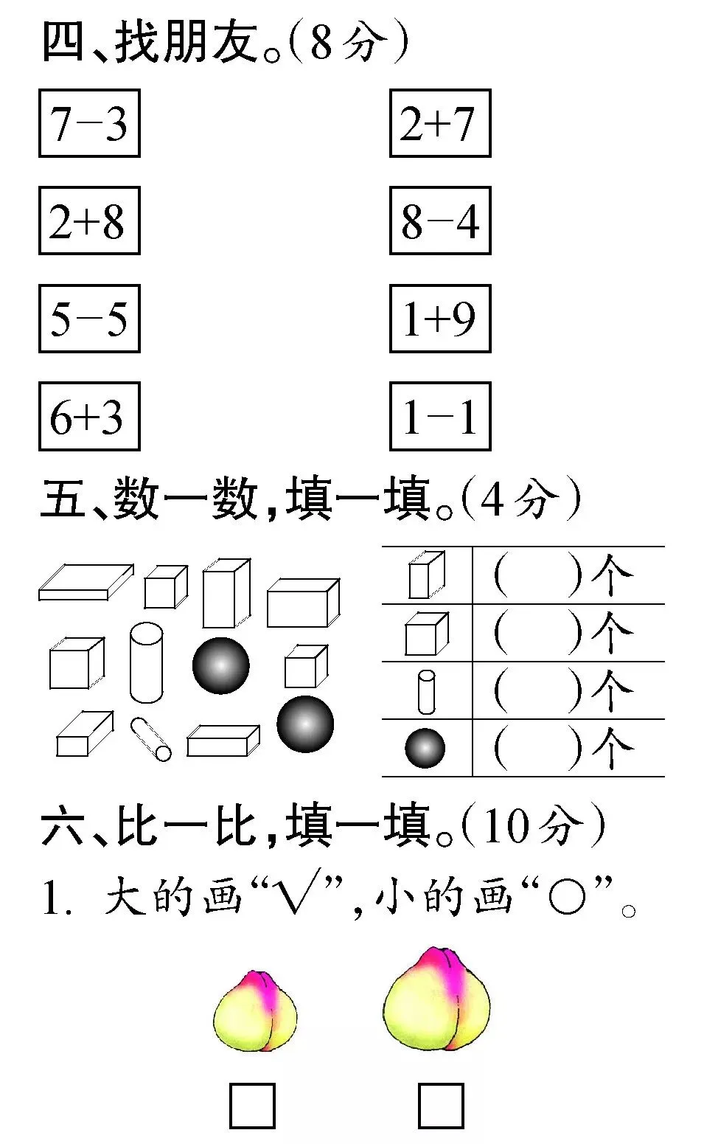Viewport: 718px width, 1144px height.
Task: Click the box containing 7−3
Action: pyautogui.click(x=89, y=123)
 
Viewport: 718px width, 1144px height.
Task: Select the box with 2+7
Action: pyautogui.click(x=440, y=123)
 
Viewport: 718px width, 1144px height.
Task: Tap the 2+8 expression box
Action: pyautogui.click(x=89, y=221)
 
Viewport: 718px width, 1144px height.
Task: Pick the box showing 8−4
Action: pyautogui.click(x=440, y=221)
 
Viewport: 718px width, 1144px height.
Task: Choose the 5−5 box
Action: pyautogui.click(x=89, y=319)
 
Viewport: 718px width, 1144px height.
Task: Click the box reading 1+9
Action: pyautogui.click(x=440, y=319)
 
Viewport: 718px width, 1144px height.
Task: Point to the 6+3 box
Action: pyautogui.click(x=89, y=417)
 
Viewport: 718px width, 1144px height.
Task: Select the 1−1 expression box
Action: pyautogui.click(x=440, y=417)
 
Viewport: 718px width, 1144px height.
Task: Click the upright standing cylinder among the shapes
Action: pyautogui.click(x=146, y=662)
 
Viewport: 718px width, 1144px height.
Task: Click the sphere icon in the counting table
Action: pyautogui.click(x=425, y=749)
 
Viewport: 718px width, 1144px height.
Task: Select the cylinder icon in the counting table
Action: pyautogui.click(x=426, y=691)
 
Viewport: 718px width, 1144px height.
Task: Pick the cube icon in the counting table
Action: pyautogui.click(x=426, y=634)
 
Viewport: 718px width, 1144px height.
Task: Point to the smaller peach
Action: pyautogui.click(x=255, y=1011)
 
